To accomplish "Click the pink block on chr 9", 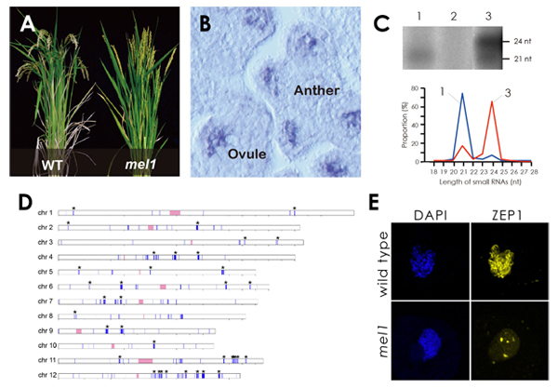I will click(79, 330).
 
